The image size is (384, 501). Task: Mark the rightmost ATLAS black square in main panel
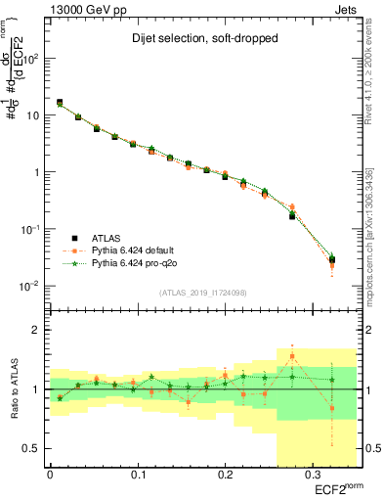coord(332,259)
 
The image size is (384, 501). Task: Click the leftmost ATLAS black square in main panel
coord(60,102)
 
